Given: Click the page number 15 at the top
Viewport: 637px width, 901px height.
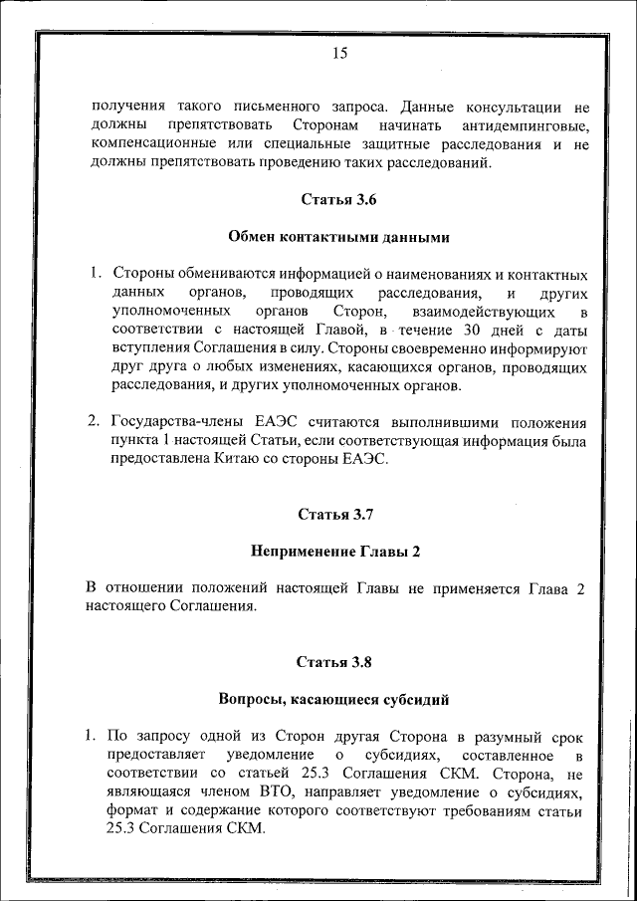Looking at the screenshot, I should (338, 55).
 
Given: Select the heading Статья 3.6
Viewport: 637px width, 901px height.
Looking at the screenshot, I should (338, 199).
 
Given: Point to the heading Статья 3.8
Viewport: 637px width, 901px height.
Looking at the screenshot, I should (337, 661).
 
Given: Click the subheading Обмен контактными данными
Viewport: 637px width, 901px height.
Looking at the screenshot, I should (338, 237).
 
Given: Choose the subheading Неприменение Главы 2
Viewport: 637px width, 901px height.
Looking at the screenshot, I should (337, 551).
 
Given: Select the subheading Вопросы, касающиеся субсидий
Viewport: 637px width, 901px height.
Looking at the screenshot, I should (337, 699).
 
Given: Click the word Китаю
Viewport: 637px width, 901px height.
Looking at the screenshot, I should (239, 459).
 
